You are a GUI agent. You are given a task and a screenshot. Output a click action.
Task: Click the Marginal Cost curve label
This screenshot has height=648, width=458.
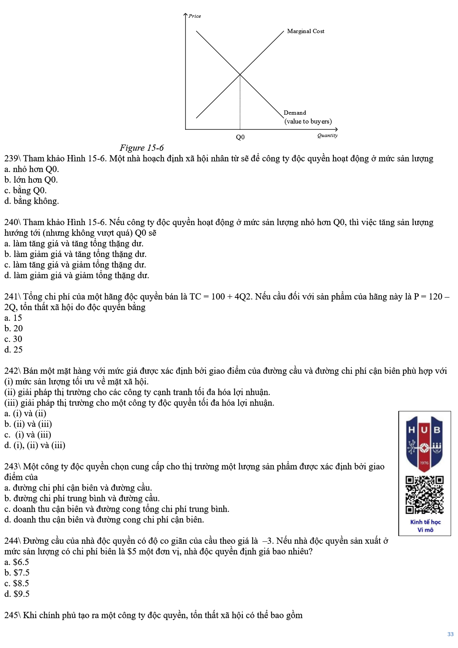[306, 31]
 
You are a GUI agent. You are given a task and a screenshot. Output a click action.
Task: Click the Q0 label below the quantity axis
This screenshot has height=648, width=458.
[240, 137]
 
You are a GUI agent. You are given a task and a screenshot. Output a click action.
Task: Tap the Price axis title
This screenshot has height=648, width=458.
[195, 16]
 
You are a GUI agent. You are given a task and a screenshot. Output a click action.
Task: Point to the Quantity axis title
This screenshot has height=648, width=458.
[328, 135]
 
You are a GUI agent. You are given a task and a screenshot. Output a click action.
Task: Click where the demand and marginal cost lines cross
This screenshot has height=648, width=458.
[240, 74]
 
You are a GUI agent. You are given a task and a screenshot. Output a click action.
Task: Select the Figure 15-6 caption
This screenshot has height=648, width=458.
[142, 148]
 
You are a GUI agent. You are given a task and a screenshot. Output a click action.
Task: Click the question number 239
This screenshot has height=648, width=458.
[11, 159]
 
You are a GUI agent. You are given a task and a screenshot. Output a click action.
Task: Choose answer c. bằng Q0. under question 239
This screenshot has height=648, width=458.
[25, 190]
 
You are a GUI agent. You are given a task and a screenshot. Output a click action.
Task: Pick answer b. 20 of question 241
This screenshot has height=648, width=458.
[13, 329]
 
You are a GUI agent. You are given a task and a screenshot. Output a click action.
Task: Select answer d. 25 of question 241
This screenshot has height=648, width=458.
[13, 350]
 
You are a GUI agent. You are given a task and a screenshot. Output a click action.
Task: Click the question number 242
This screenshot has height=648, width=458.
[11, 371]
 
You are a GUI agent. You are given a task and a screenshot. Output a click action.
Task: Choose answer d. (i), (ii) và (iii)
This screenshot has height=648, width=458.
[35, 446]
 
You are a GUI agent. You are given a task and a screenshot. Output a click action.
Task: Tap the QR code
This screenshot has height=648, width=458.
[425, 495]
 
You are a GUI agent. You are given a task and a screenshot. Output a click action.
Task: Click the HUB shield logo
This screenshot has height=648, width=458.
[425, 443]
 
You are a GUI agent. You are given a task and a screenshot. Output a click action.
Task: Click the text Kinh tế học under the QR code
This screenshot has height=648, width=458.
[425, 522]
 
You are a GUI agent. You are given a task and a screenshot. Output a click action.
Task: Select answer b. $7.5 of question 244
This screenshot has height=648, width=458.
[17, 573]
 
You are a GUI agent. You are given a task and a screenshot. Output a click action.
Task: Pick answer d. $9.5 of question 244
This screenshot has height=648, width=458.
[17, 594]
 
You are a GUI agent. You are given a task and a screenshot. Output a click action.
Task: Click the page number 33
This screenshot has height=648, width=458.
[450, 634]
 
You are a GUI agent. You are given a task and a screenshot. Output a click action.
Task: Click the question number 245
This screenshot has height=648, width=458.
[11, 615]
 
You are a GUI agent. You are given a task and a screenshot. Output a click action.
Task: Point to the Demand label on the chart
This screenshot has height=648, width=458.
[295, 113]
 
